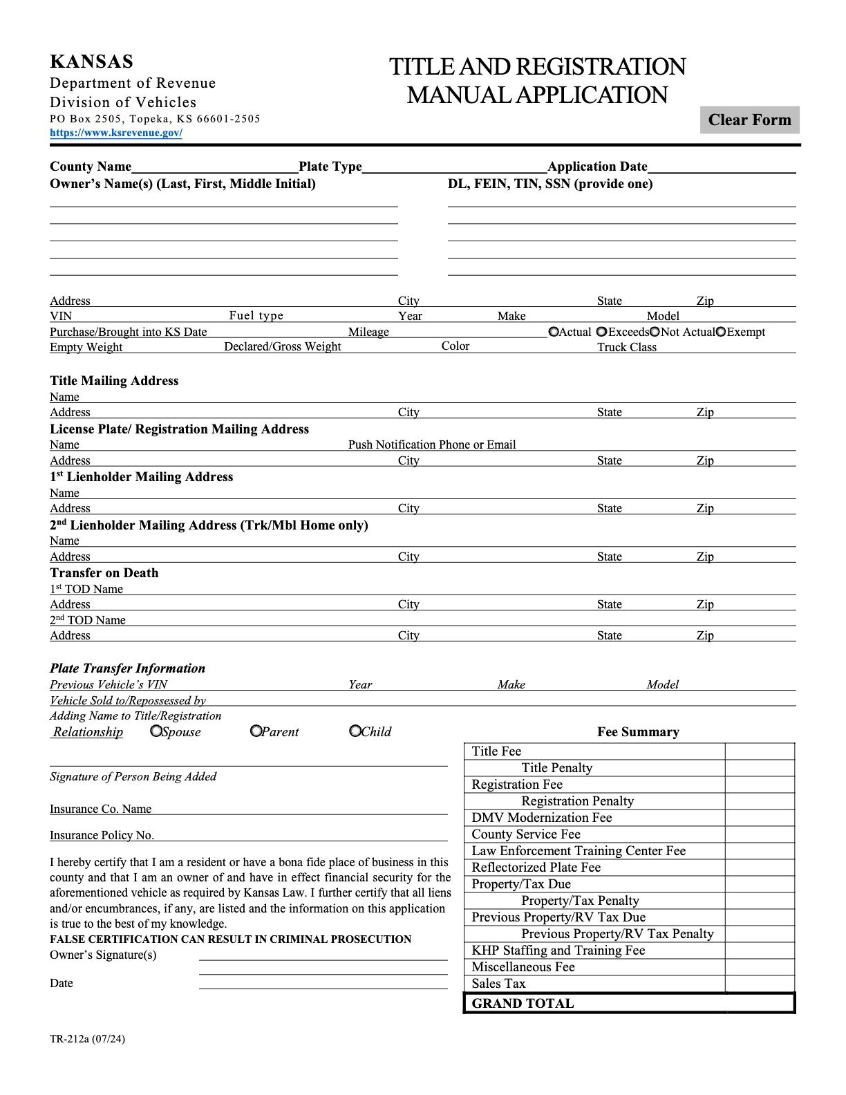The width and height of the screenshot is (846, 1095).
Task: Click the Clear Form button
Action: pyautogui.click(x=749, y=120)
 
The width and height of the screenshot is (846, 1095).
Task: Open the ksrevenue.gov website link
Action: pyautogui.click(x=116, y=133)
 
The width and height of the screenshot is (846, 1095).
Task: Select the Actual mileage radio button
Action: pyautogui.click(x=554, y=332)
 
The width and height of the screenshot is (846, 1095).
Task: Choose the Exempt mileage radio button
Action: pyautogui.click(x=721, y=332)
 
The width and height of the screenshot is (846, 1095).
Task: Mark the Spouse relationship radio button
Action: pyautogui.click(x=156, y=731)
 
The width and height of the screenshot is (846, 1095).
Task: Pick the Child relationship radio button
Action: pyautogui.click(x=355, y=731)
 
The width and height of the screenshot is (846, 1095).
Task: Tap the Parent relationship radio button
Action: pyautogui.click(x=256, y=731)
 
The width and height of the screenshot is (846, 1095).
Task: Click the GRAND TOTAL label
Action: pyautogui.click(x=523, y=1003)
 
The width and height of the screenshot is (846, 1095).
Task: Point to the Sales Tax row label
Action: pyautogui.click(x=498, y=983)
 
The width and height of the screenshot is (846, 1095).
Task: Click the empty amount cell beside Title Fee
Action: pyautogui.click(x=760, y=751)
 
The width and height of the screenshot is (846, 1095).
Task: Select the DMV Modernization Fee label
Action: pyautogui.click(x=541, y=817)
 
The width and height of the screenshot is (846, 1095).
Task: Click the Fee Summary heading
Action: pyautogui.click(x=638, y=731)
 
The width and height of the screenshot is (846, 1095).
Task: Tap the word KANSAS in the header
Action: pyautogui.click(x=91, y=62)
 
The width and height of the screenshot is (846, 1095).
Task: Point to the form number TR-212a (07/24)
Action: pyautogui.click(x=87, y=1038)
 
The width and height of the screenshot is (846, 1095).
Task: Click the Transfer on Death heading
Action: pyautogui.click(x=104, y=572)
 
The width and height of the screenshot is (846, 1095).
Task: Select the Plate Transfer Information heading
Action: pyautogui.click(x=127, y=668)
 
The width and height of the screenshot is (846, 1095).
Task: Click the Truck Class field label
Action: pyautogui.click(x=627, y=347)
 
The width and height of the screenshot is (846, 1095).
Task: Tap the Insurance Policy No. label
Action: pyautogui.click(x=102, y=835)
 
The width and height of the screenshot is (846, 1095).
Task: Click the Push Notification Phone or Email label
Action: pyautogui.click(x=432, y=444)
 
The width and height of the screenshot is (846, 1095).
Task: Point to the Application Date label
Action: pyautogui.click(x=597, y=167)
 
